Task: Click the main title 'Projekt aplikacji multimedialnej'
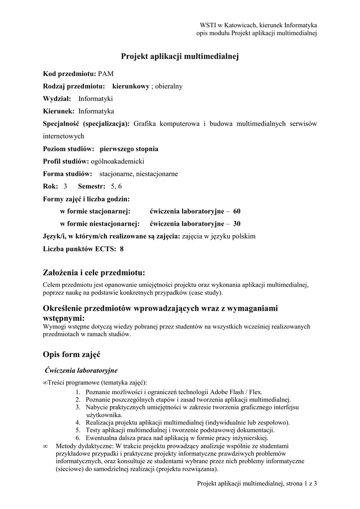tap(180, 57)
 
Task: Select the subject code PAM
tap(106, 74)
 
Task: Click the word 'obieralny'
tap(169, 86)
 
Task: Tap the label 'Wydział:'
tap(57, 98)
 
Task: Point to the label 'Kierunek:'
tap(59, 111)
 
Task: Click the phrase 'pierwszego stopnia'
tap(129, 149)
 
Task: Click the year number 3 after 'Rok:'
tap(65, 186)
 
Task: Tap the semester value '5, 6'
tap(116, 186)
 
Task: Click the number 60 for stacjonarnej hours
tap(237, 211)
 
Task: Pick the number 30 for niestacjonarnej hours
tap(237, 224)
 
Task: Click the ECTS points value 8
tap(121, 249)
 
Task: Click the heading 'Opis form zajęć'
tap(72, 354)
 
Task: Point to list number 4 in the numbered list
tap(79, 423)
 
